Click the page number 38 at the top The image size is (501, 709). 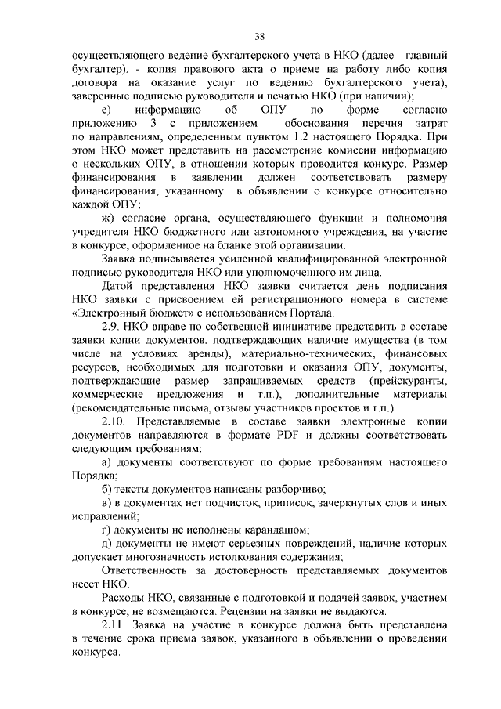click(260, 35)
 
